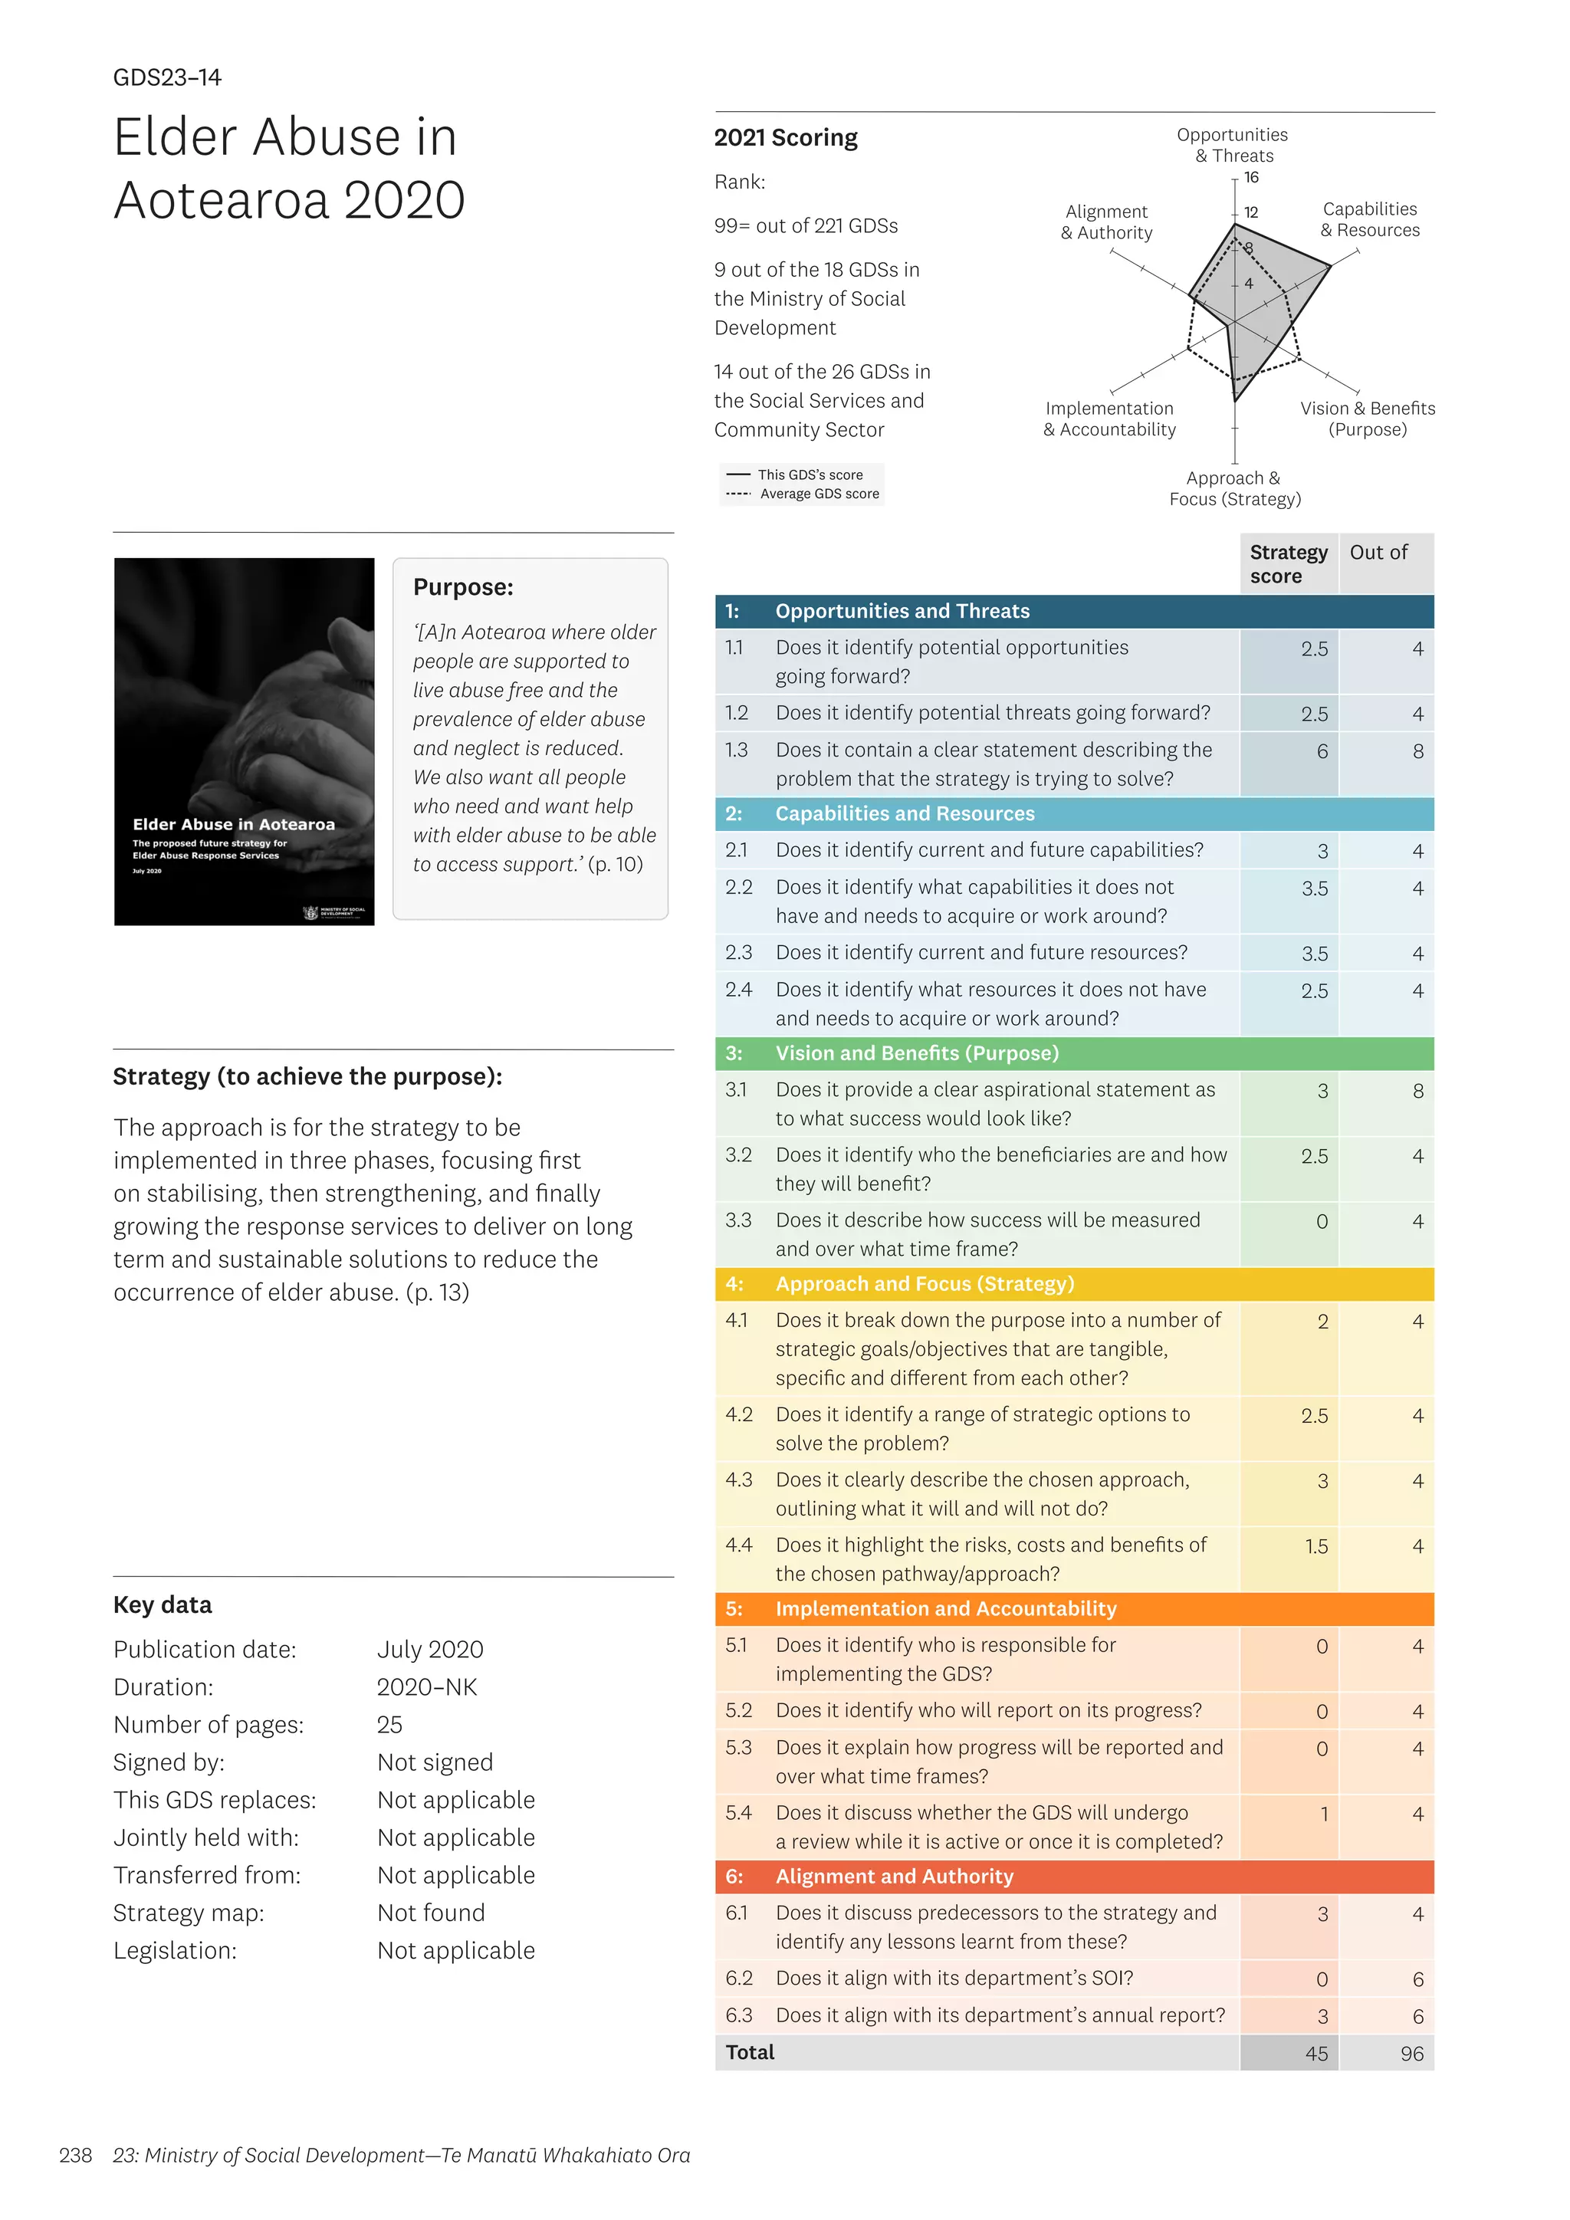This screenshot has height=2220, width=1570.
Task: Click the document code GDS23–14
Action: click(x=167, y=77)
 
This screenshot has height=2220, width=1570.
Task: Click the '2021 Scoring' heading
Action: click(x=785, y=137)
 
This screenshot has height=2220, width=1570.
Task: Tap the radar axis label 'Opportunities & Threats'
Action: click(x=1232, y=145)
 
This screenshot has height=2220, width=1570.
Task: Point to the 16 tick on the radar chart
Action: click(x=1251, y=178)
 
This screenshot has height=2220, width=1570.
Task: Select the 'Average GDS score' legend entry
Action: click(x=819, y=494)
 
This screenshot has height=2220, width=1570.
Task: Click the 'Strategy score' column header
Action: click(x=1288, y=563)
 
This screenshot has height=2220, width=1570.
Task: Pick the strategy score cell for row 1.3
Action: click(x=1321, y=751)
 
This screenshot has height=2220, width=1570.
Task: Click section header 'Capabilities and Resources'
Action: click(x=904, y=814)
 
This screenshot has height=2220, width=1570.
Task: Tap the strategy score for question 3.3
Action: click(x=1321, y=1222)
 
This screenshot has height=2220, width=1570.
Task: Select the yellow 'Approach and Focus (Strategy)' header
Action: click(x=925, y=1284)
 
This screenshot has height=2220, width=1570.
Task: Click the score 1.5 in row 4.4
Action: click(x=1315, y=1547)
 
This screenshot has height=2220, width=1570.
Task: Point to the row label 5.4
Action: click(x=738, y=1813)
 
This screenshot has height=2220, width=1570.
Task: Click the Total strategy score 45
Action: click(x=1315, y=2054)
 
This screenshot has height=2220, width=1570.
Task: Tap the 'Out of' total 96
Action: click(x=1411, y=2054)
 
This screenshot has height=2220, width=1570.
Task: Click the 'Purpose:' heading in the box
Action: click(x=463, y=587)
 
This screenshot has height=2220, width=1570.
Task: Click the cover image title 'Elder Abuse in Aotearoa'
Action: click(x=234, y=825)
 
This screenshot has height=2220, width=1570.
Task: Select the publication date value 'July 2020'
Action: click(x=430, y=1650)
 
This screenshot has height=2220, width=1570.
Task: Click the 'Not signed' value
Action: click(x=435, y=1762)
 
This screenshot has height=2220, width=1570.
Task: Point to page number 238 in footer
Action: click(x=75, y=2155)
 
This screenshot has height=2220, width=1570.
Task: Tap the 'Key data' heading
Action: click(x=163, y=1605)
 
